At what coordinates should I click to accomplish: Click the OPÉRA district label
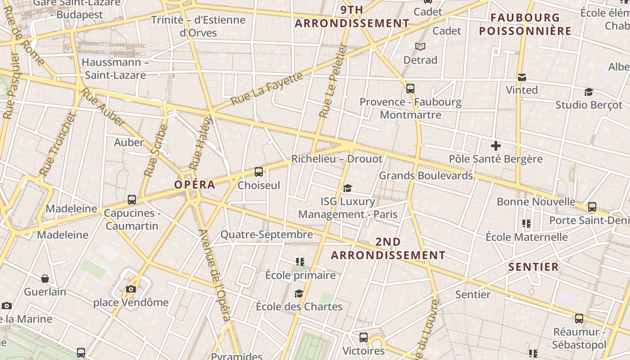[x=194, y=184]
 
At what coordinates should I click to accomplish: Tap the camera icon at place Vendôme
[x=131, y=289]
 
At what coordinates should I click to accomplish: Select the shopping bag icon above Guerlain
[x=45, y=279]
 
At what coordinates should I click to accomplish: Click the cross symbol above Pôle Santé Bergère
[x=496, y=146]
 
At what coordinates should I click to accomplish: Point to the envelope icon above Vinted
[x=522, y=77]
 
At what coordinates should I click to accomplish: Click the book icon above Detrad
[x=420, y=47]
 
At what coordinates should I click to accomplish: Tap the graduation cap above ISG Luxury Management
[x=347, y=188]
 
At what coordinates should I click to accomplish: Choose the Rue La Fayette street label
[x=267, y=89]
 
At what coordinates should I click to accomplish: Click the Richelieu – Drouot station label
[x=337, y=159]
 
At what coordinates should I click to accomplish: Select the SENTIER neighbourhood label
[x=534, y=267]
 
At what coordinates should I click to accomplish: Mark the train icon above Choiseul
[x=259, y=172]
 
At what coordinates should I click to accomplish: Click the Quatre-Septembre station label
[x=266, y=234]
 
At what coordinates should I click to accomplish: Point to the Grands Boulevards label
[x=426, y=175]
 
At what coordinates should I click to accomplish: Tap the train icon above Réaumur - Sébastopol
[x=579, y=319]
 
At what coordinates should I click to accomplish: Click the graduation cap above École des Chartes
[x=299, y=294]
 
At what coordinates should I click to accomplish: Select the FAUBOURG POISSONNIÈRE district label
[x=525, y=24]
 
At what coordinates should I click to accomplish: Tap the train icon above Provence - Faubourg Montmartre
[x=410, y=89]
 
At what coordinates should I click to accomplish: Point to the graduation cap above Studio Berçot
[x=589, y=92]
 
